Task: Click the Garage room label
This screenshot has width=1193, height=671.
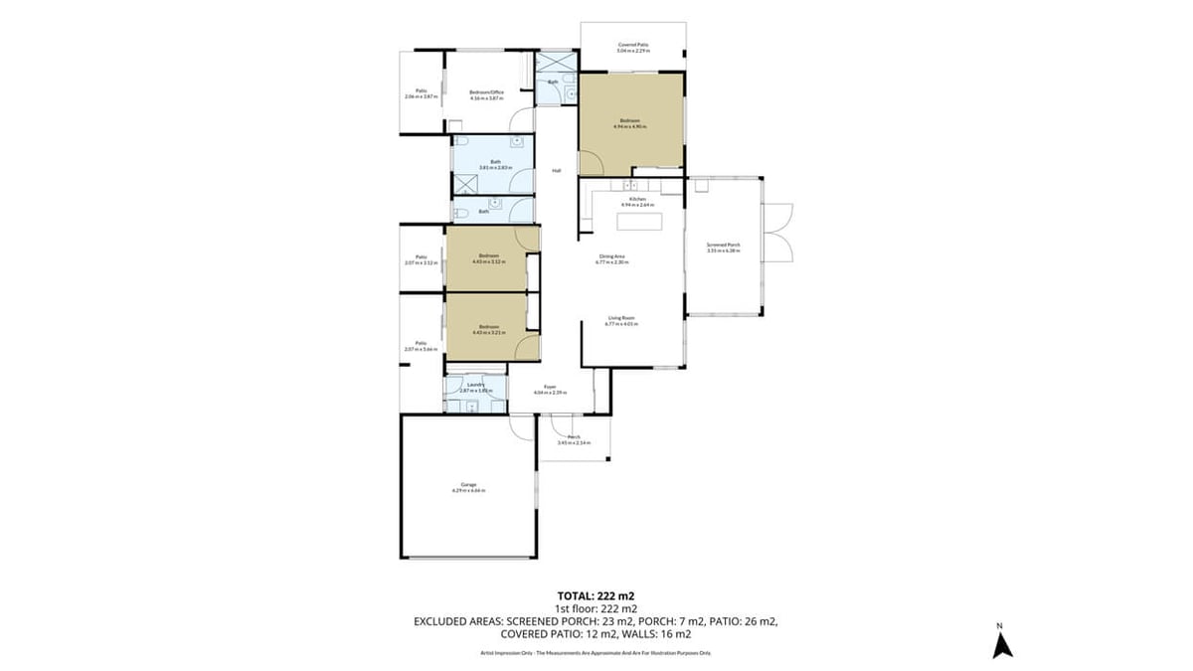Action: coord(468,484)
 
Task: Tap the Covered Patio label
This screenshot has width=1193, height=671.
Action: coord(633,44)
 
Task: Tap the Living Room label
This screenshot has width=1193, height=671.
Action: coord(621,317)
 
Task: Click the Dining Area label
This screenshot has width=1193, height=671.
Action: coord(611,255)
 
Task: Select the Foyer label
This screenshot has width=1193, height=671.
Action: coord(549,387)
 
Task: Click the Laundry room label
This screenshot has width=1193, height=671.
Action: coord(474,384)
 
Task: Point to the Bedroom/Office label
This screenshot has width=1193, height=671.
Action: coord(487,92)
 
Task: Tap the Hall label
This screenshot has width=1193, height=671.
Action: coord(557,171)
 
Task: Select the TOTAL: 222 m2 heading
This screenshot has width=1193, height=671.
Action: coord(596,596)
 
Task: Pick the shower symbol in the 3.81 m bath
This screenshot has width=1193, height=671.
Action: coord(465,183)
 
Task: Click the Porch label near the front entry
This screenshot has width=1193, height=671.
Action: coord(574,436)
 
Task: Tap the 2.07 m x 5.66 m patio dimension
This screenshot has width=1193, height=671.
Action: coord(422,349)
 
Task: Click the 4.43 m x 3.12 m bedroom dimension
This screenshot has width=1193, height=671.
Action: coord(488,261)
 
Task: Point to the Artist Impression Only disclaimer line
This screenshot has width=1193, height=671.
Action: coord(596,653)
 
